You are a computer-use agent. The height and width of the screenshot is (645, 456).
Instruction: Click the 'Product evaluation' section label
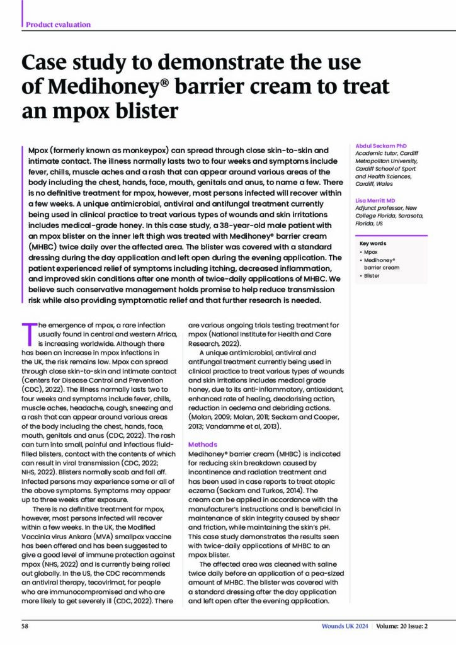(x=58, y=25)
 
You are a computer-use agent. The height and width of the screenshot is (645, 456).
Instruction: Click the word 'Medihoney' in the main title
(x=96, y=86)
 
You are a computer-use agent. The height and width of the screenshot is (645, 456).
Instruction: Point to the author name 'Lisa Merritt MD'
(x=377, y=201)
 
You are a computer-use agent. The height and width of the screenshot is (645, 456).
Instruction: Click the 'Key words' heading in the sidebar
(x=373, y=243)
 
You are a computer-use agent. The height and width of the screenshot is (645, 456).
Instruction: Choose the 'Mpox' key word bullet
(x=372, y=251)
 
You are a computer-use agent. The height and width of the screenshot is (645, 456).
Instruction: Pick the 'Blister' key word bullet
(x=372, y=275)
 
